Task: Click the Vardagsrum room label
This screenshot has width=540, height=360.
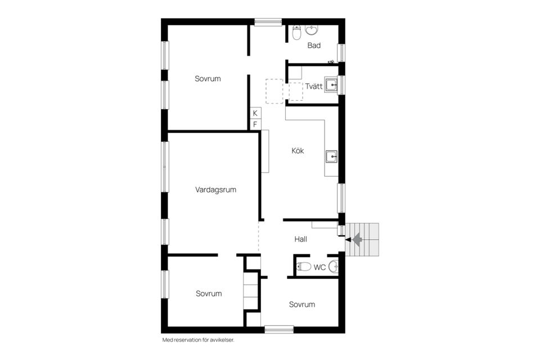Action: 215,190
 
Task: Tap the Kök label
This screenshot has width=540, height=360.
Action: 298,151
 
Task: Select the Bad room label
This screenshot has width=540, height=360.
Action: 314,46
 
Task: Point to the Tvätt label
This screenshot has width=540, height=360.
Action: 314,87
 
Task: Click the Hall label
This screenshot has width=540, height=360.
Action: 301,239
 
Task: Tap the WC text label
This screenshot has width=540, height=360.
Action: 319,267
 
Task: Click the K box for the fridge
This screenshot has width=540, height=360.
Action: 255,113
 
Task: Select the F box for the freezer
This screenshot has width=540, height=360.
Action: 255,124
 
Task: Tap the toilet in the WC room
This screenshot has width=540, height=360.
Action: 303,267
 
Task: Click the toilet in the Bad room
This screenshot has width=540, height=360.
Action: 296,34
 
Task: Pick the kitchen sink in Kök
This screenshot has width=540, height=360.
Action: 331,156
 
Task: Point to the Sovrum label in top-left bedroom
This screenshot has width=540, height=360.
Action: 208,79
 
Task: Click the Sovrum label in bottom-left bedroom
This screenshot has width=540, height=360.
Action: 209,294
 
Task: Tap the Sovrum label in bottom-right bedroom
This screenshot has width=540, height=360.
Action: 301,305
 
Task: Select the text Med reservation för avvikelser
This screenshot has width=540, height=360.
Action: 197,340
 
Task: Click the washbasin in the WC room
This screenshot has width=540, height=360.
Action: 334,266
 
